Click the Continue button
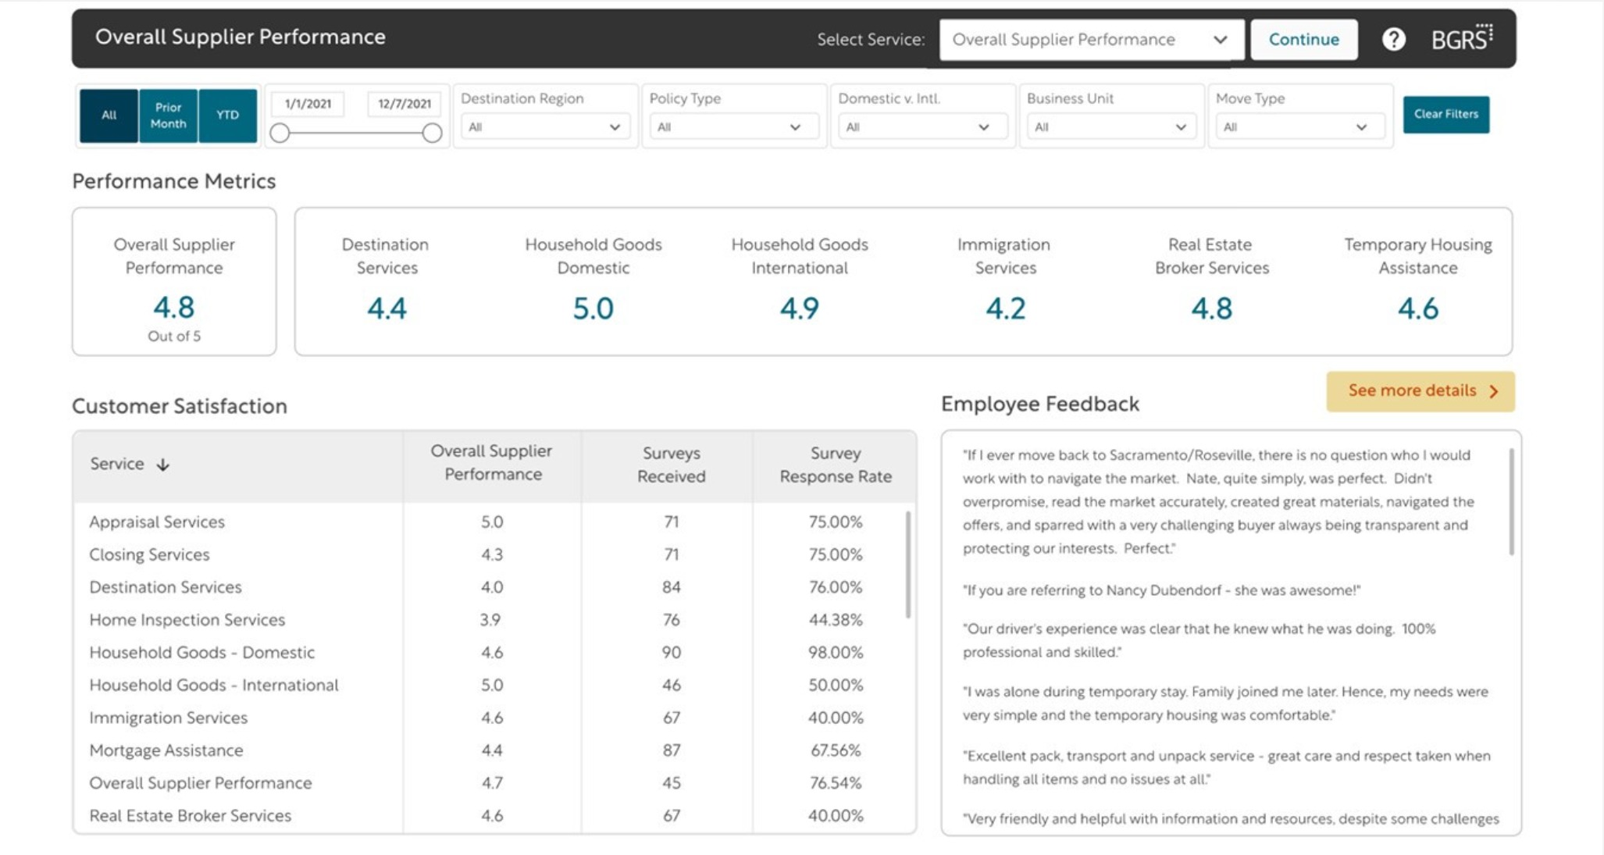(x=1303, y=40)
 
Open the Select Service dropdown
(x=1091, y=40)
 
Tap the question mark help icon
(x=1393, y=39)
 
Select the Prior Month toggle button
(x=168, y=116)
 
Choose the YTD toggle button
(x=227, y=116)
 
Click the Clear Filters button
(x=1445, y=115)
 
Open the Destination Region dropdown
(x=544, y=127)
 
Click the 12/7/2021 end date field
(x=404, y=104)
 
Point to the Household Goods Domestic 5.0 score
(x=593, y=309)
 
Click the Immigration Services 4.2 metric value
(x=1005, y=309)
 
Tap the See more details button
(x=1420, y=391)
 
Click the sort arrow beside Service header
(x=162, y=465)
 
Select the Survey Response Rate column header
(x=835, y=465)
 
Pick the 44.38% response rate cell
(x=835, y=620)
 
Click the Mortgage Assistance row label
(x=166, y=750)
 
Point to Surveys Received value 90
(x=671, y=653)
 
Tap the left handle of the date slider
(x=280, y=134)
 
